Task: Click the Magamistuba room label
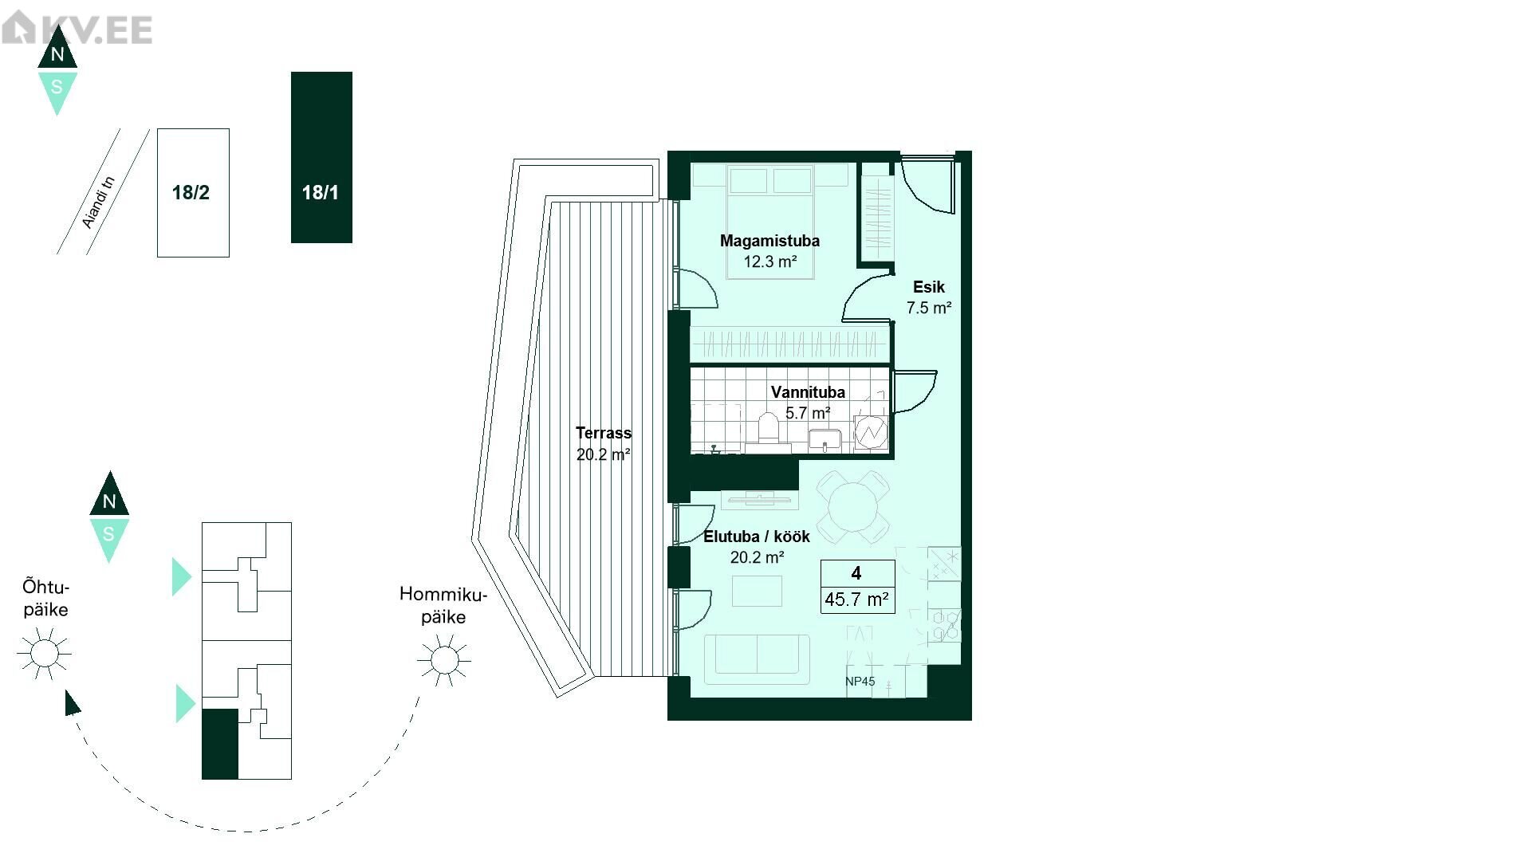pyautogui.click(x=769, y=241)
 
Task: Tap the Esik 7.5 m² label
pyautogui.click(x=929, y=297)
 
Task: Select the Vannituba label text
pyautogui.click(x=808, y=392)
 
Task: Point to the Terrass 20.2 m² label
pyautogui.click(x=604, y=443)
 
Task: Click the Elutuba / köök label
pyautogui.click(x=757, y=537)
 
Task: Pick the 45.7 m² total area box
pyautogui.click(x=857, y=586)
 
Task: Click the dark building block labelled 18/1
pyautogui.click(x=321, y=157)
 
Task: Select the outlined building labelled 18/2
pyautogui.click(x=193, y=193)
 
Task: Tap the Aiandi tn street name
pyautogui.click(x=99, y=202)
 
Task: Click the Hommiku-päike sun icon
pyautogui.click(x=444, y=659)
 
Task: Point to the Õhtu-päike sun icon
pyautogui.click(x=44, y=654)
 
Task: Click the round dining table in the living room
pyautogui.click(x=852, y=505)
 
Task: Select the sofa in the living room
pyautogui.click(x=757, y=659)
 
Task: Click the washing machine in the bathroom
pyautogui.click(x=871, y=433)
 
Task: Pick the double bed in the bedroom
pyautogui.click(x=769, y=221)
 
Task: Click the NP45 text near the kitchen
pyautogui.click(x=860, y=682)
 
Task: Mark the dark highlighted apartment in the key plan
pyautogui.click(x=220, y=744)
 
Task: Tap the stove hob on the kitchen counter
pyautogui.click(x=945, y=625)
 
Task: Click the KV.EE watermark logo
pyautogui.click(x=77, y=29)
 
